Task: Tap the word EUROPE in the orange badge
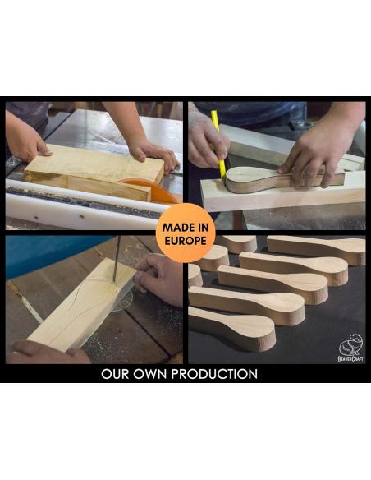coord(185,241)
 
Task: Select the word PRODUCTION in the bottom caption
coord(214,374)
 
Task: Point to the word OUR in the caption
coord(115,374)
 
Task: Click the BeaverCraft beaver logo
coord(350,348)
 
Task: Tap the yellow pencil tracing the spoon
coord(219,144)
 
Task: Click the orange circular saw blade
coord(153,191)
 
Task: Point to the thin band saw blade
coord(117,259)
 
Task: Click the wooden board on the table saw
coord(94,172)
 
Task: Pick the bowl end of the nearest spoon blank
coord(257,333)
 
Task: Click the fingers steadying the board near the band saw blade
coord(158,279)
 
